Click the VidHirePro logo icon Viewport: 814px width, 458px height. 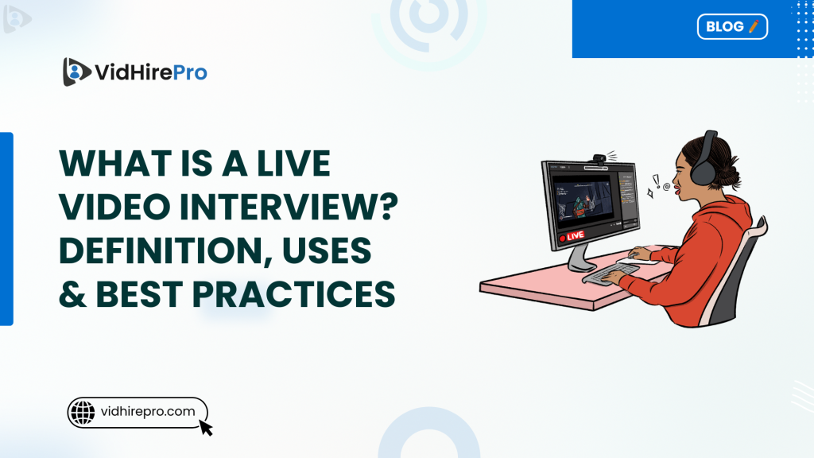click(75, 72)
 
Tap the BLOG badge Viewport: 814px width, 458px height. click(732, 26)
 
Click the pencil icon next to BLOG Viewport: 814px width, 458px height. click(754, 26)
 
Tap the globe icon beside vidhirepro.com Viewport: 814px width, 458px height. click(83, 411)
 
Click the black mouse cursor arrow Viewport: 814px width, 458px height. click(206, 428)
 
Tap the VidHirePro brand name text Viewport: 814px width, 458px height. click(150, 72)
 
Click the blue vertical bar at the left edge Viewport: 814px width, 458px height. click(6, 228)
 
